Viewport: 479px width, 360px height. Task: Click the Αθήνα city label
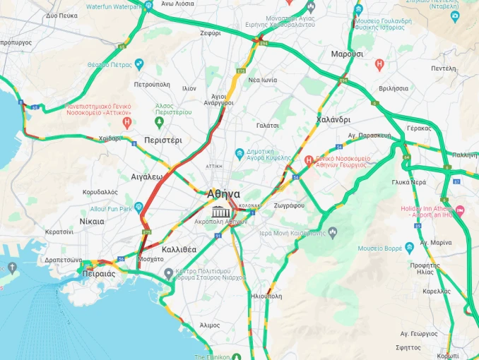pyautogui.click(x=223, y=193)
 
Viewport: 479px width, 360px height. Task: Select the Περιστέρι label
pyautogui.click(x=162, y=140)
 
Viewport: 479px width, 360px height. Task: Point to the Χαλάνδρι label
pyautogui.click(x=333, y=120)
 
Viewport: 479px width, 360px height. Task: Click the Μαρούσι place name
pyautogui.click(x=347, y=54)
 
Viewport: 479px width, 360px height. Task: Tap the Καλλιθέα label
pyautogui.click(x=179, y=250)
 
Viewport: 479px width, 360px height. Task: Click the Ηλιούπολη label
pyautogui.click(x=266, y=296)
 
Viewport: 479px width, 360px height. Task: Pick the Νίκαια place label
pyautogui.click(x=92, y=221)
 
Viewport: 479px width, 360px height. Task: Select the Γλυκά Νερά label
pyautogui.click(x=409, y=182)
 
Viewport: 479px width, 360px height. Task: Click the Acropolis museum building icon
pyautogui.click(x=220, y=212)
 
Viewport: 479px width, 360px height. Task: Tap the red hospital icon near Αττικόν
pyautogui.click(x=127, y=122)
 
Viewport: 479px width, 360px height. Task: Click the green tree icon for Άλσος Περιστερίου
pyautogui.click(x=160, y=122)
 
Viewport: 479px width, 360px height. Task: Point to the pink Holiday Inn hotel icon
pyautogui.click(x=460, y=210)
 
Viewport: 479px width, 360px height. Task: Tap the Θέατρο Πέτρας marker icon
pyautogui.click(x=138, y=64)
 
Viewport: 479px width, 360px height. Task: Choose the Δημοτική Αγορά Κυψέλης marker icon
pyautogui.click(x=240, y=152)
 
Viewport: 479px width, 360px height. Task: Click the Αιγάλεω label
pyautogui.click(x=147, y=176)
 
